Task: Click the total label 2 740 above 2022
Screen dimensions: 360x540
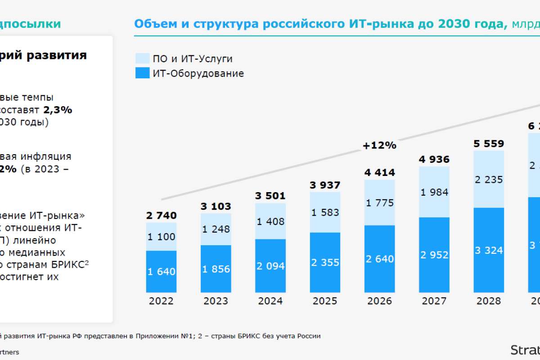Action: (161, 216)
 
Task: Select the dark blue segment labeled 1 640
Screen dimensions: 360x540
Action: (161, 271)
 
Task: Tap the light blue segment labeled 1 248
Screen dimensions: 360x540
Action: (216, 229)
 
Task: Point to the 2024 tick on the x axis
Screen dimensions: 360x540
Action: (270, 301)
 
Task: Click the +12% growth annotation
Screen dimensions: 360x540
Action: (379, 145)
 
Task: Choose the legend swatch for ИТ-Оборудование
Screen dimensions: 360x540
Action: (142, 73)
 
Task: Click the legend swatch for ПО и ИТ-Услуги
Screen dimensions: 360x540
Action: (142, 58)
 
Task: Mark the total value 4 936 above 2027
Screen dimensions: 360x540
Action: (434, 159)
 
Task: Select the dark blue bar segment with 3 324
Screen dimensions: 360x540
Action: (488, 250)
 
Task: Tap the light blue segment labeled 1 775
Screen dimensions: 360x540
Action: (379, 202)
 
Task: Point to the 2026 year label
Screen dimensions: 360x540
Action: (379, 301)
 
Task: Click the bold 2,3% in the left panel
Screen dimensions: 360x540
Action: (58, 110)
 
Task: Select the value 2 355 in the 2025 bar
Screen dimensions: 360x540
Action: (325, 262)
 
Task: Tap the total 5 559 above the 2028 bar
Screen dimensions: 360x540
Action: (488, 144)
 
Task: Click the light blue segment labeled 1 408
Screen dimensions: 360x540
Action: (270, 221)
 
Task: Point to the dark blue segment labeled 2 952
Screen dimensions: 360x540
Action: (434, 255)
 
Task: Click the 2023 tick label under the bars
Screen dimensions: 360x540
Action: (216, 301)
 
